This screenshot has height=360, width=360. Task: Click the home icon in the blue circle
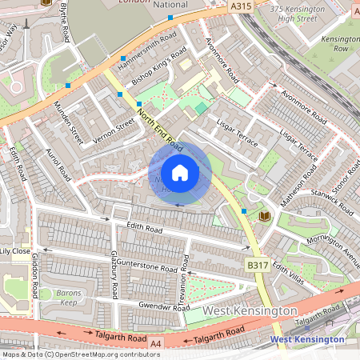[x=180, y=172]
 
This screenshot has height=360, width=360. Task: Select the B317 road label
[x=257, y=265]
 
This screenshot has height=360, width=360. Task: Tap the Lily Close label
[x=15, y=251]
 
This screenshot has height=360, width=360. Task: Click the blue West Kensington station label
[x=307, y=340]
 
